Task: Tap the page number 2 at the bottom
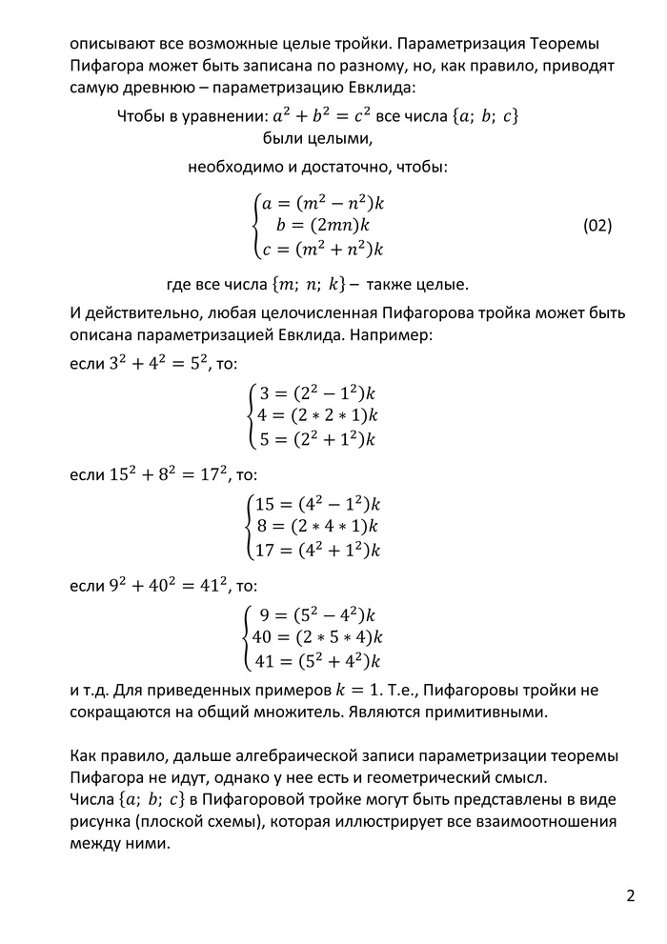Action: click(631, 896)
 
